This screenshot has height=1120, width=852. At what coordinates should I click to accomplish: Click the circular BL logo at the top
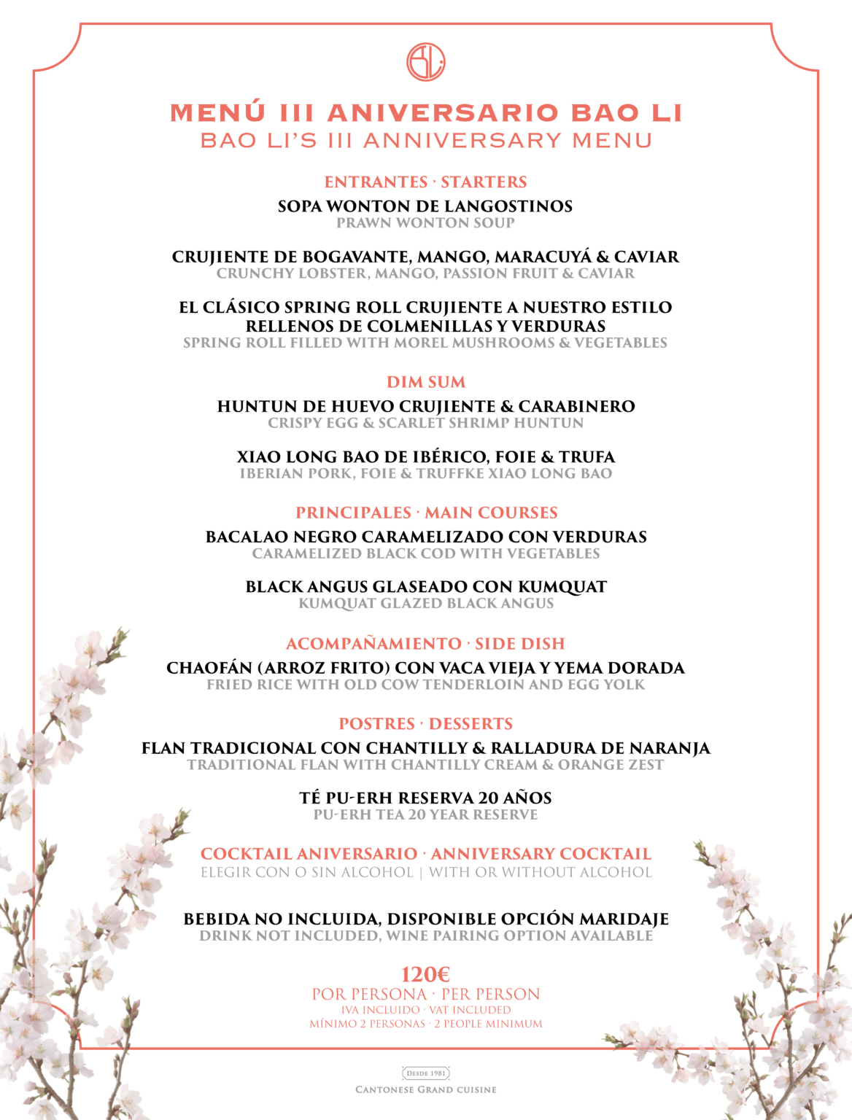coord(426,61)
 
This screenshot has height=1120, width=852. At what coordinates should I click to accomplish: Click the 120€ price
coord(426,974)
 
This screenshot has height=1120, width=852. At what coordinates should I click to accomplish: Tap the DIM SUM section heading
coord(426,382)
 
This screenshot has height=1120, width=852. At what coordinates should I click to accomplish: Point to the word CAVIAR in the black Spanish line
coord(646,257)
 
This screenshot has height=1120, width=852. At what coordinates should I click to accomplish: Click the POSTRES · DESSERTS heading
coord(426,724)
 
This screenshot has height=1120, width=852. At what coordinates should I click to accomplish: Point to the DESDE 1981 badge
coord(426,1073)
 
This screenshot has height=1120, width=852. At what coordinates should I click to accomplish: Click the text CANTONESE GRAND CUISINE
coord(426,1089)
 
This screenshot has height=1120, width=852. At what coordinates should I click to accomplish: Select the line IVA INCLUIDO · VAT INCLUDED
coord(426,1010)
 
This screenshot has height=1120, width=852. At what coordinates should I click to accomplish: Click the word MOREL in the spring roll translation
coord(419,343)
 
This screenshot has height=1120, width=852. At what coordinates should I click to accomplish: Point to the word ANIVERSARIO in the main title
coord(443,113)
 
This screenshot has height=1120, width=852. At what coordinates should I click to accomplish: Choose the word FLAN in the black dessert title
coord(164,748)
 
